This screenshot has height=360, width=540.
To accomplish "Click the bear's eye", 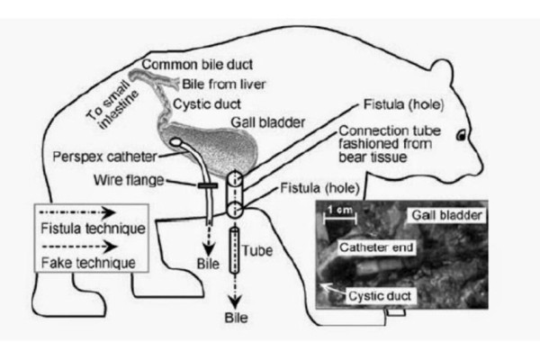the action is [462, 135].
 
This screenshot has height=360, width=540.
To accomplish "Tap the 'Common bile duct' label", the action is [197, 65].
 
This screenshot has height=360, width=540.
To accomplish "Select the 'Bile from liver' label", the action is [224, 84].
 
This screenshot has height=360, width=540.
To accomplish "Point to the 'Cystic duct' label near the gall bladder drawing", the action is [207, 104].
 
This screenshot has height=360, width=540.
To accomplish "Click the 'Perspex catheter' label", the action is [104, 157].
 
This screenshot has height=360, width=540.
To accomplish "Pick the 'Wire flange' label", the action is [129, 180].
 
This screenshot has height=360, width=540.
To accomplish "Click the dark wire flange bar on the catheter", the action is [208, 185].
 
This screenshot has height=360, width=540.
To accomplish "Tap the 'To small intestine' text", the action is [112, 105].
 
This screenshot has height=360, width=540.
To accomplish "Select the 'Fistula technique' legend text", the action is [93, 228].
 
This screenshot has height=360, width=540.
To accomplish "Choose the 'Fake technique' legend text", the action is [88, 263].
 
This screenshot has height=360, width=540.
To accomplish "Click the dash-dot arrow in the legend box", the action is [77, 213].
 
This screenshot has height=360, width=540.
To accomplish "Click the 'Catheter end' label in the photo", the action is [376, 247].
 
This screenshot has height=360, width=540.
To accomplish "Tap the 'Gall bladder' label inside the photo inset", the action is [446, 215].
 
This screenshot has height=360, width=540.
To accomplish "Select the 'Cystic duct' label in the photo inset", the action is [380, 296].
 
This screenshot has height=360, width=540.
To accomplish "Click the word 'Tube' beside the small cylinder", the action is [256, 250].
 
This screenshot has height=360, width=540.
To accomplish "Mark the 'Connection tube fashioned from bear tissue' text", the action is [390, 144].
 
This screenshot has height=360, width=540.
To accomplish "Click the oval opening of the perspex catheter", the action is [176, 142].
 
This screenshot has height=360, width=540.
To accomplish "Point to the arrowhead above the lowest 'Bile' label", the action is [235, 302].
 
